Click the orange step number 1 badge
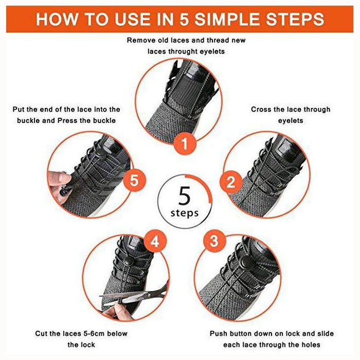[185, 144]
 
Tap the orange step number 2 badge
[231, 182]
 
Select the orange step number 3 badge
[214, 241]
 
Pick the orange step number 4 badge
[155, 241]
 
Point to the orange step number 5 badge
[135, 180]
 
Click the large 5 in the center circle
[185, 195]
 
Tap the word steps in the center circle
[185, 213]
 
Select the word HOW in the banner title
[57, 19]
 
